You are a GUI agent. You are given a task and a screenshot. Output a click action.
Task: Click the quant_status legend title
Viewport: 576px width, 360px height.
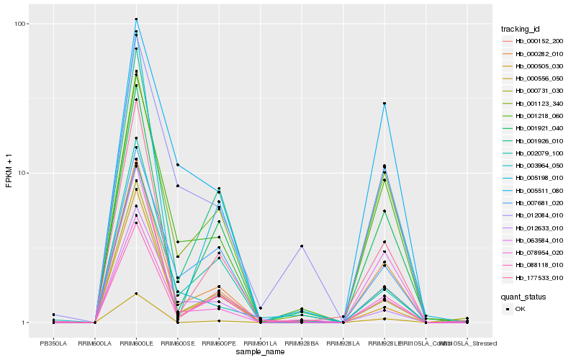pyautogui.click(x=523, y=296)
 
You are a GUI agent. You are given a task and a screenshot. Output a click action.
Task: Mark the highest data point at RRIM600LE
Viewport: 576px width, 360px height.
pyautogui.click(x=136, y=19)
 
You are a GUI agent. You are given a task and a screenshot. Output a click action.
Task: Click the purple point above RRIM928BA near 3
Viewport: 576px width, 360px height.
pyautogui.click(x=302, y=246)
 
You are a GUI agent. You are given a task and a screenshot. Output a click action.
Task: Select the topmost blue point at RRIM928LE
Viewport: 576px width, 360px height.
pyautogui.click(x=384, y=104)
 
